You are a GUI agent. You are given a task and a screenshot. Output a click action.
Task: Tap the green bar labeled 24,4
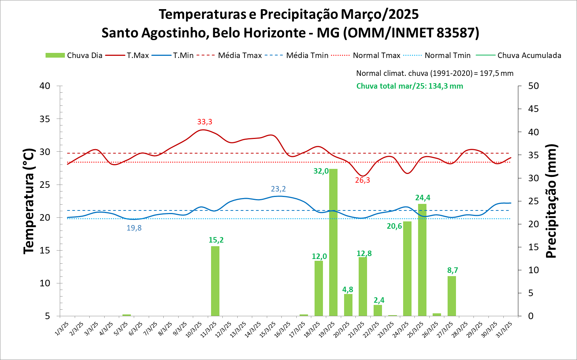coord(422,260)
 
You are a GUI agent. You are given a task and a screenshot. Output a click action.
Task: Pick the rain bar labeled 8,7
coord(452,296)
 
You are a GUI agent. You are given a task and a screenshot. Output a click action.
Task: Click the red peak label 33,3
coord(204,122)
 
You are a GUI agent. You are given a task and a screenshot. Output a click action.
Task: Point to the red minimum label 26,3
coord(362,180)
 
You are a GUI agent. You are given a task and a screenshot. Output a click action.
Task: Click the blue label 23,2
coord(278,189)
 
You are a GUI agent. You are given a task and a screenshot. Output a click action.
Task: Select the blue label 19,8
coord(134,228)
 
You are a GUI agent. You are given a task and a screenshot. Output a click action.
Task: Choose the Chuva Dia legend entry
coord(74,55)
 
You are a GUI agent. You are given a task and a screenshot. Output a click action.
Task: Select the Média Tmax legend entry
coord(229,55)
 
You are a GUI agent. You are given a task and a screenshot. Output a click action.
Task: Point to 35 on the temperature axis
coord(45,119)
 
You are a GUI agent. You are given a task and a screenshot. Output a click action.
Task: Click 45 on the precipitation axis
coord(533,109)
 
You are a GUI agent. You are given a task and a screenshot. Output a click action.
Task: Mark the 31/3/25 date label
coord(505,329)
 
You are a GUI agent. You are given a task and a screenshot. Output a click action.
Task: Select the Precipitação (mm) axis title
coord(551,201)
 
